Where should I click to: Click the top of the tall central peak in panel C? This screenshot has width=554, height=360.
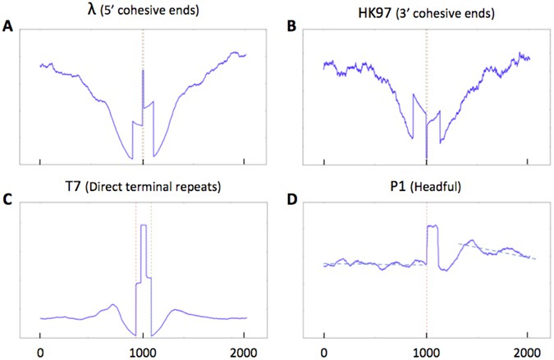pos(144,225)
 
